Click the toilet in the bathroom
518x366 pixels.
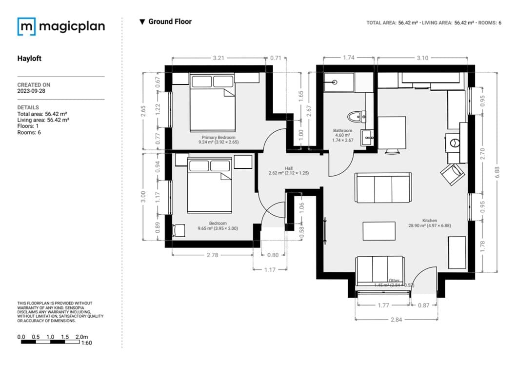point(356,116)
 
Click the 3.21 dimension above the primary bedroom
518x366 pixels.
point(219,58)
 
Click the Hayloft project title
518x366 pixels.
point(29,59)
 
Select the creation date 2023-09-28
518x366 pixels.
point(33,91)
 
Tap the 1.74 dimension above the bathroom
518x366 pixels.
point(348,58)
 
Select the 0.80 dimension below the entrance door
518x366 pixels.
point(273,255)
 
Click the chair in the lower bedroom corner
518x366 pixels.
point(179,230)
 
